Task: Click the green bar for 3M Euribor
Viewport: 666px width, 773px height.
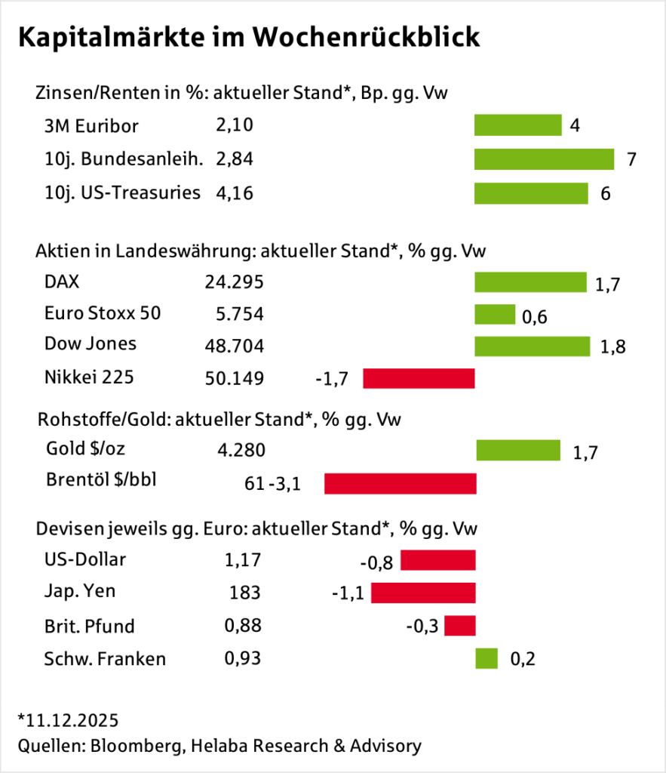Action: click(x=517, y=125)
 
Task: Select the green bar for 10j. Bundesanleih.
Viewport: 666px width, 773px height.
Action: click(x=544, y=159)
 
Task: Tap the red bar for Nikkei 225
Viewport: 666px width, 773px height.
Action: click(x=419, y=378)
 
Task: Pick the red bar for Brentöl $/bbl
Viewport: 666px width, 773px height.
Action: click(x=400, y=483)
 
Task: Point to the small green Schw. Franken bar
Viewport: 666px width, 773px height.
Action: click(x=486, y=658)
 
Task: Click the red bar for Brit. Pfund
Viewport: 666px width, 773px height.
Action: click(x=460, y=626)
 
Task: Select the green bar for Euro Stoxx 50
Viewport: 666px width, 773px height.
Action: click(x=494, y=314)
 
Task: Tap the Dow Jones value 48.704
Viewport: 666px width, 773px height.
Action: click(x=234, y=346)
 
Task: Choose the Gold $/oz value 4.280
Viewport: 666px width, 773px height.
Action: click(x=241, y=451)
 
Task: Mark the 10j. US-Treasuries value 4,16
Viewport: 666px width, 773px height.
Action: click(x=234, y=192)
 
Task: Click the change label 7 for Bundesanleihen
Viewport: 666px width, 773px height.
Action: click(x=632, y=160)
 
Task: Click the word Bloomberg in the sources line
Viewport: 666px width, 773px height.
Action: click(x=136, y=746)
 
